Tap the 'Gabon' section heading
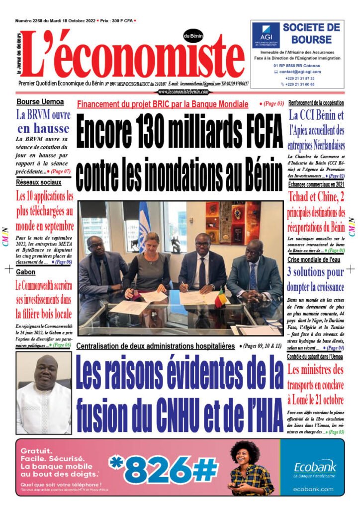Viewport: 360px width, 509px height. point(25,272)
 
